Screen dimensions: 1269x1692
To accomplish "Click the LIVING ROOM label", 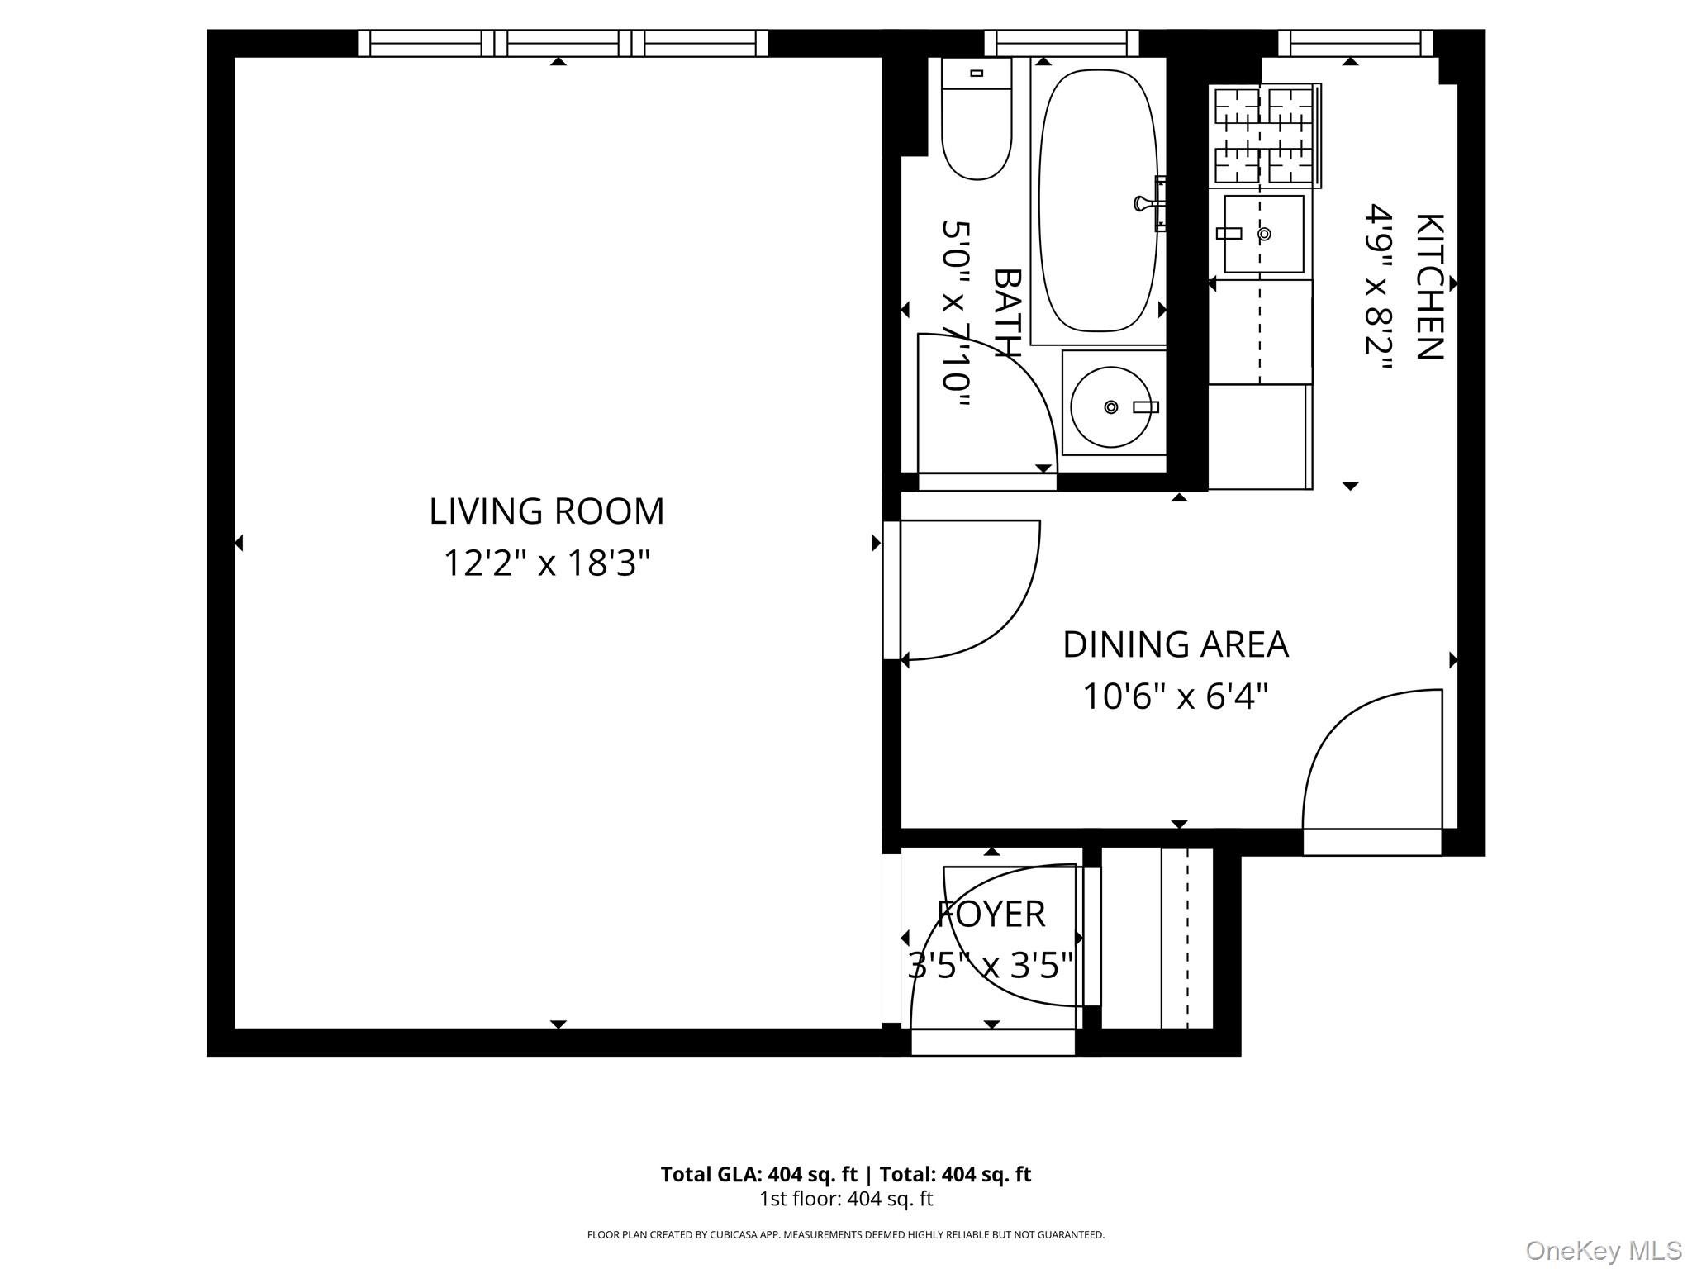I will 546,511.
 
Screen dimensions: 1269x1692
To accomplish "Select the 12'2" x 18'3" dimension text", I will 546,564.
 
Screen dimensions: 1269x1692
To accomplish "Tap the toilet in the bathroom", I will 977,124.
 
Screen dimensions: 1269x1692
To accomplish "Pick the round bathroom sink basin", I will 1110,407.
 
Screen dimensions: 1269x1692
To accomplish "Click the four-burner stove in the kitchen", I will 1263,135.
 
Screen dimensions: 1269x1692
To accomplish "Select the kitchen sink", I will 1263,234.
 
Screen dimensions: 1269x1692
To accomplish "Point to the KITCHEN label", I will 1430,287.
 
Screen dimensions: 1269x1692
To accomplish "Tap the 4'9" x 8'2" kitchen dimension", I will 1377,290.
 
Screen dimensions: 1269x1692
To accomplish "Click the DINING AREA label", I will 1175,645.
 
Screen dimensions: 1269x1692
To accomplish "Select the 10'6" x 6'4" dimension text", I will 1175,696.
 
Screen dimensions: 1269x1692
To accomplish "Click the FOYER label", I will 991,915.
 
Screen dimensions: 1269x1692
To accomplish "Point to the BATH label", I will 1007,313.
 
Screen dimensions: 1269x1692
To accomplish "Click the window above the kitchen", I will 1355,43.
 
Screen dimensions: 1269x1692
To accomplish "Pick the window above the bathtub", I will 1062,43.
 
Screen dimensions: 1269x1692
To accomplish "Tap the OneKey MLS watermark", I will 1603,1250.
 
